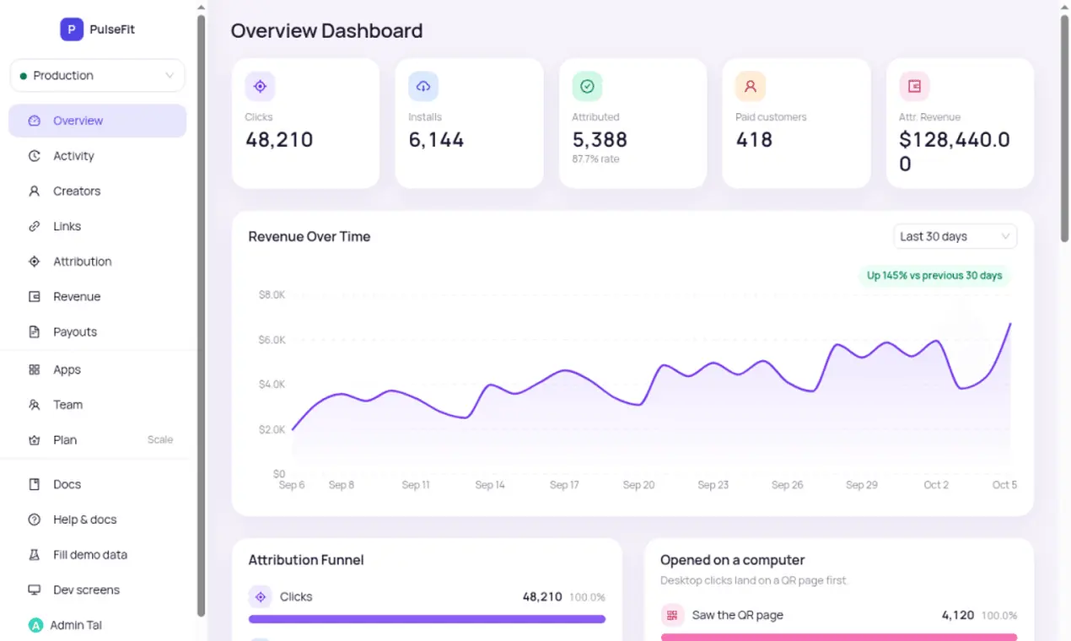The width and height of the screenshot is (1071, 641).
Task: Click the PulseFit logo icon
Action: pyautogui.click(x=71, y=30)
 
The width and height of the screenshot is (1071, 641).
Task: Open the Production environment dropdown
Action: pyautogui.click(x=97, y=76)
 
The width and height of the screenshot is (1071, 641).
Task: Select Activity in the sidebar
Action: pyautogui.click(x=73, y=156)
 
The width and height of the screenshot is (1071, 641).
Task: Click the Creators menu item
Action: pyautogui.click(x=77, y=191)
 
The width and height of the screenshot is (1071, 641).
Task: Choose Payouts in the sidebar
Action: pyautogui.click(x=74, y=331)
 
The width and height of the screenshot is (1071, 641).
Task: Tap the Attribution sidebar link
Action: pyautogui.click(x=83, y=261)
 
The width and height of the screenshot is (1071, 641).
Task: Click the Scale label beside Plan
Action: pyautogui.click(x=160, y=439)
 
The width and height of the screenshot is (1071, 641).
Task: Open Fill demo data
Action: pyautogui.click(x=90, y=554)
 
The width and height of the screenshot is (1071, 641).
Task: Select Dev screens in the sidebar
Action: pyautogui.click(x=86, y=590)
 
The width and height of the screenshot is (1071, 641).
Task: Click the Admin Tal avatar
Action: pyautogui.click(x=35, y=625)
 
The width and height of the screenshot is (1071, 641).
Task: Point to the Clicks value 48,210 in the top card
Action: pyautogui.click(x=279, y=140)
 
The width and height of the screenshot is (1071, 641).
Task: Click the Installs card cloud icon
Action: pyautogui.click(x=423, y=87)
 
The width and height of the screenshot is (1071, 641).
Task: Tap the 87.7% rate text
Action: pyautogui.click(x=595, y=159)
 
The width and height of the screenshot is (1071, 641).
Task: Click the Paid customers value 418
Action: pyautogui.click(x=754, y=140)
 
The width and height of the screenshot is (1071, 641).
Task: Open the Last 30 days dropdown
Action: pyautogui.click(x=955, y=236)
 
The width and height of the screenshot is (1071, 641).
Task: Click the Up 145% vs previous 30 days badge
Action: pyautogui.click(x=934, y=276)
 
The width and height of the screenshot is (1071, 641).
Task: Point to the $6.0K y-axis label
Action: pyautogui.click(x=272, y=340)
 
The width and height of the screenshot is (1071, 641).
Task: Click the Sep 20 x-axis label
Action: pyautogui.click(x=638, y=485)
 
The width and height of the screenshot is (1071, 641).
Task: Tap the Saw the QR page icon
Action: pyautogui.click(x=672, y=615)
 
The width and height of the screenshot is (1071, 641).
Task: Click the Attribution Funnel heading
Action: pyautogui.click(x=306, y=560)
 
